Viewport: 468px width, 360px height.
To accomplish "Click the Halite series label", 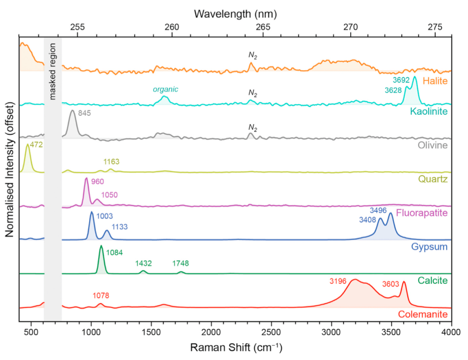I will [x=435, y=81].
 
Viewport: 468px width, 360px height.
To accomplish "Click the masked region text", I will [x=53, y=71].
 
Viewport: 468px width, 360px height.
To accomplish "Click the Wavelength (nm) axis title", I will [x=235, y=13].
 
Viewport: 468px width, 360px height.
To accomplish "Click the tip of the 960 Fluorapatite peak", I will [x=86, y=178].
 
